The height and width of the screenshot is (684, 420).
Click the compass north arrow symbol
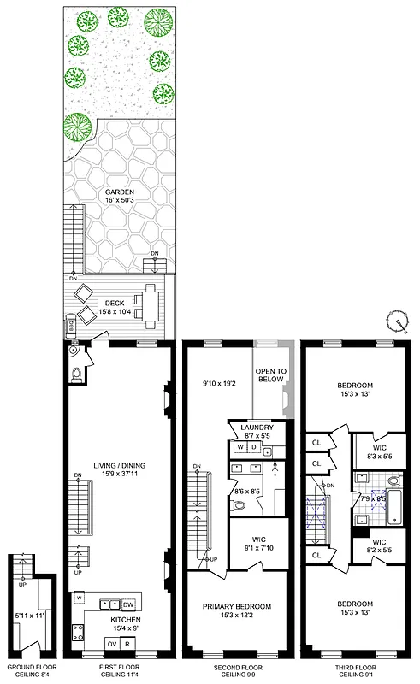click(396, 321)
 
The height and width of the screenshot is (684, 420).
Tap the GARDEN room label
click(120, 192)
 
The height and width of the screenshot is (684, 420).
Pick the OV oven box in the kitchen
click(111, 644)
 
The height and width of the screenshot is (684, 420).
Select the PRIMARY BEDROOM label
click(237, 606)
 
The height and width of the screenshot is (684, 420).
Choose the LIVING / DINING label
click(120, 465)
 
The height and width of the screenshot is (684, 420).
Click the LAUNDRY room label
click(257, 427)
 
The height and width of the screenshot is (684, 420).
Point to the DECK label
click(114, 302)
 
